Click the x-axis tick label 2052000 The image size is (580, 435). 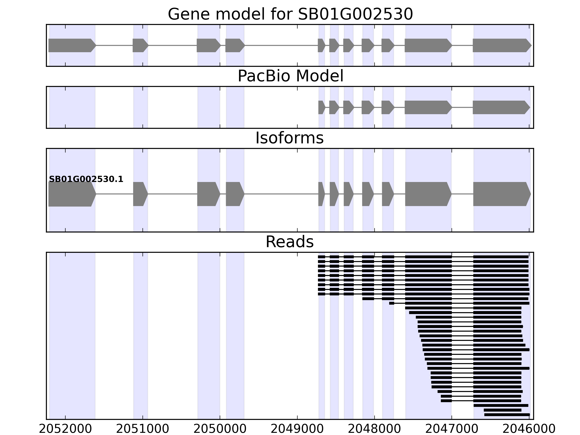[65, 429]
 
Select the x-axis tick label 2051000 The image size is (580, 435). [142, 429]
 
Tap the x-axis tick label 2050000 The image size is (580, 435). [220, 429]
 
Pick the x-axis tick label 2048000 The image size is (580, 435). [374, 429]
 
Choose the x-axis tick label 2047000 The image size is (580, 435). [452, 429]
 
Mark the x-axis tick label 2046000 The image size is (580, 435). [529, 429]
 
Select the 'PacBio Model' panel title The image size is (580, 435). [290, 76]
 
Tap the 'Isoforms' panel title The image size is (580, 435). [289, 138]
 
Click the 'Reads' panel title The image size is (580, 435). [289, 242]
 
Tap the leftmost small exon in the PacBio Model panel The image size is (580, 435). [321, 107]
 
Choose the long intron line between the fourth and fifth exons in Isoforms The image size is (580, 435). [281, 194]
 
